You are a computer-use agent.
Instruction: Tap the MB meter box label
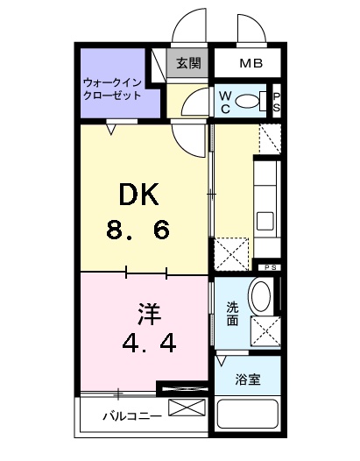(251, 63)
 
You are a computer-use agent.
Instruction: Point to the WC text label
(225, 102)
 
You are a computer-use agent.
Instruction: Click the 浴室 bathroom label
(247, 379)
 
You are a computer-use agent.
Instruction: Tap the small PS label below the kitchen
(267, 266)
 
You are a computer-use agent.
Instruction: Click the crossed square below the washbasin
(264, 330)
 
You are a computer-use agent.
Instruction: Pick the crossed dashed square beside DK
(230, 253)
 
